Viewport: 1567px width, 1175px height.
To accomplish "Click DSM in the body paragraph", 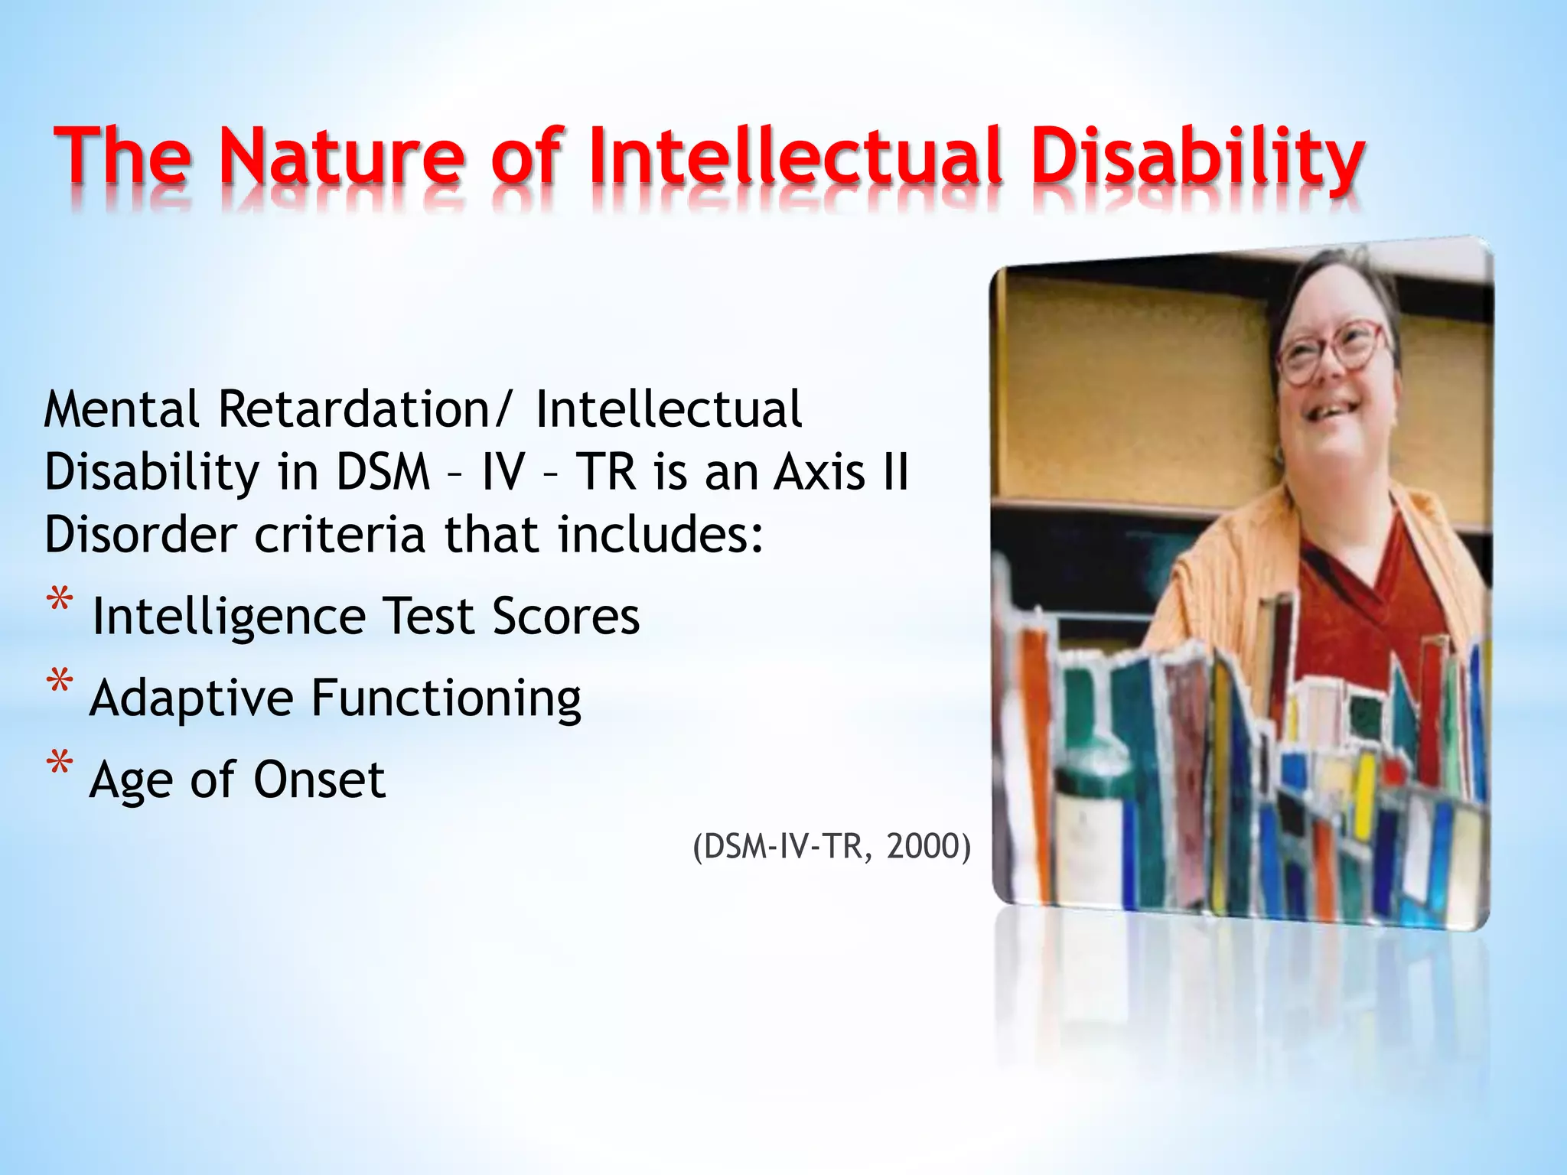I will (x=383, y=471).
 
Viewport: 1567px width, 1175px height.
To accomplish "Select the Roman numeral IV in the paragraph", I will (x=503, y=471).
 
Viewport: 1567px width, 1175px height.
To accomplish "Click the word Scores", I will (x=565, y=616).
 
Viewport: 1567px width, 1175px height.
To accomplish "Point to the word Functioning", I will (x=446, y=698).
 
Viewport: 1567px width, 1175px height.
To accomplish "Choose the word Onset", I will (x=319, y=780).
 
